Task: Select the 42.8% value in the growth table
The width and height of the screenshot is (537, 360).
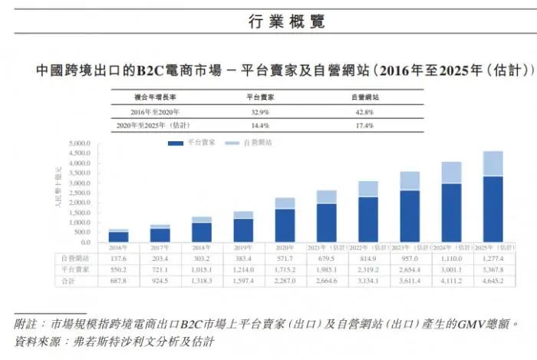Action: point(364,112)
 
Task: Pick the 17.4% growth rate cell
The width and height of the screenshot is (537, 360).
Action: point(364,124)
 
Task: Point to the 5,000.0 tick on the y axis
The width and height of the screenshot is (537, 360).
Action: point(80,144)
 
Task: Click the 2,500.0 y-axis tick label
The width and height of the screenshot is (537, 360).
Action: point(80,193)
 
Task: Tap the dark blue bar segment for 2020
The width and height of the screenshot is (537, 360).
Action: point(285,226)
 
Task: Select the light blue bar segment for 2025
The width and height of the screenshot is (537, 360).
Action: point(493,163)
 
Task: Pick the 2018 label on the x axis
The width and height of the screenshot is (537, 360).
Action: point(202,249)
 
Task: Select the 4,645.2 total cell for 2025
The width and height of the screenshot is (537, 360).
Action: point(493,282)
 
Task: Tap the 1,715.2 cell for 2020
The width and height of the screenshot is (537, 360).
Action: point(285,272)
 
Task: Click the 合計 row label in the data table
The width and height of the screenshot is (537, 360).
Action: point(67,282)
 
